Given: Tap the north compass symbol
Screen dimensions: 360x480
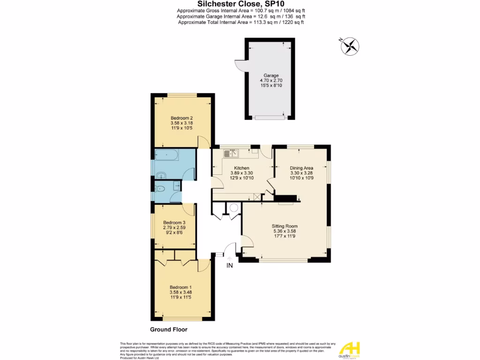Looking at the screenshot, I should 350,45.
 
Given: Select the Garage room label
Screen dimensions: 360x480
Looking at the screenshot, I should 271,75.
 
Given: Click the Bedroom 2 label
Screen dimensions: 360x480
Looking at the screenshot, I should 182,118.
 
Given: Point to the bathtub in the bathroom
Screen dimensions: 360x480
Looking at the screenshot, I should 165,155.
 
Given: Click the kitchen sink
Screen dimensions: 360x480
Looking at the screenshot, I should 232,152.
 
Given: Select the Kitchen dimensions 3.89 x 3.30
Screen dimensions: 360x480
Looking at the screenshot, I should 242,173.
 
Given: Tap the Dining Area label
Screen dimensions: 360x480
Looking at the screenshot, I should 301,168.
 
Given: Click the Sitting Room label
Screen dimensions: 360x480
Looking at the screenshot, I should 285,225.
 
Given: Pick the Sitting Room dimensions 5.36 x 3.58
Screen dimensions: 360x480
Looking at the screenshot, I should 285,231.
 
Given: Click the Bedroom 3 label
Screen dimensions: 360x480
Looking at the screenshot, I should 174,223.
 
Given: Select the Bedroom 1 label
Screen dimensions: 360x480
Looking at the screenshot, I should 181,287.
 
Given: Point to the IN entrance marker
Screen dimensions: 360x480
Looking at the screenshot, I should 230,266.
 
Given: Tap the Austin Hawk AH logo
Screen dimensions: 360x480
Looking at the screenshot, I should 349,349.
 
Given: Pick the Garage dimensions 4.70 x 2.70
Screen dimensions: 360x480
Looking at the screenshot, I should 271,81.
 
